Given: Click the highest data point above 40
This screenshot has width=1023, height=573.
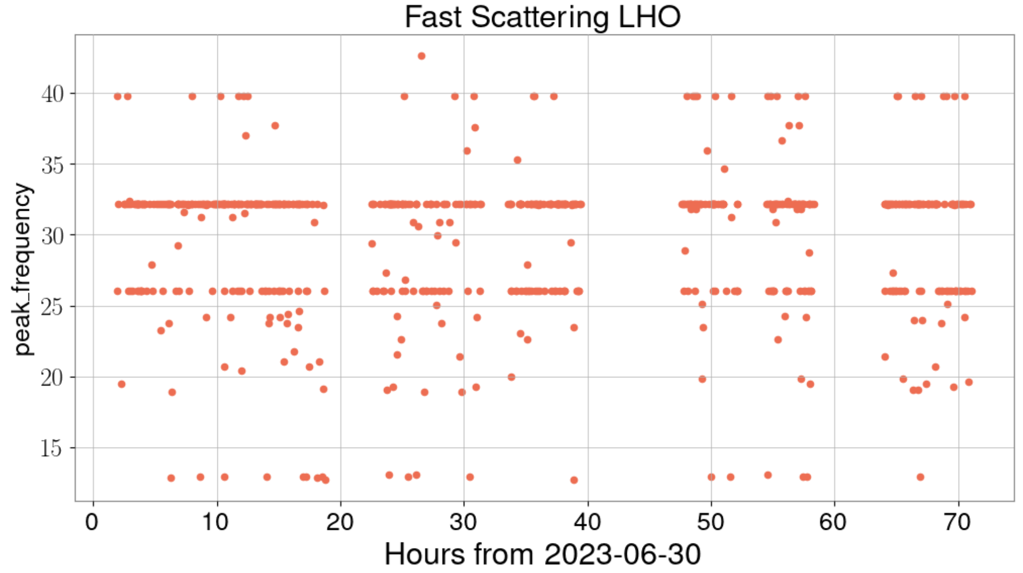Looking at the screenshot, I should [x=421, y=56].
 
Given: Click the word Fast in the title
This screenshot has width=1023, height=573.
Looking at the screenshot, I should [x=434, y=17].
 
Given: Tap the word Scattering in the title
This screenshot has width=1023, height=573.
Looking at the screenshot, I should [x=539, y=17].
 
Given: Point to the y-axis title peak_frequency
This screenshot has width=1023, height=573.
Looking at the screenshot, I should [x=23, y=269].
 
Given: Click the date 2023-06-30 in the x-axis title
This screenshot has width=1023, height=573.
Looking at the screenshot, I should [x=622, y=554].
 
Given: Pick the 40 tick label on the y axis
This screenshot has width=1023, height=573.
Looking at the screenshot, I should [x=52, y=94].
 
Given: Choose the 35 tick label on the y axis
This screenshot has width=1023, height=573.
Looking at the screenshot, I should [x=52, y=165].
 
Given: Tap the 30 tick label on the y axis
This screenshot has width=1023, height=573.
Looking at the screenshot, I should [x=52, y=236].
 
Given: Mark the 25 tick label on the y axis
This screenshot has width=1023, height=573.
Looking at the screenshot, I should [x=52, y=307].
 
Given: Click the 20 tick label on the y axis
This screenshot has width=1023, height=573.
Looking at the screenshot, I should [x=52, y=377].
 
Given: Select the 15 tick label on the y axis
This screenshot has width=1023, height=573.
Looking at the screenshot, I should [x=52, y=449].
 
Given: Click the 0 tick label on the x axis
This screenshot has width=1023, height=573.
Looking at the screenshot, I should [x=92, y=522].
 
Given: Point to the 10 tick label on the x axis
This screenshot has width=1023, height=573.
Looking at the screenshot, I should [x=216, y=522].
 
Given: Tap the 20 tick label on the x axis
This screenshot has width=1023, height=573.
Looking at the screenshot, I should [x=340, y=522].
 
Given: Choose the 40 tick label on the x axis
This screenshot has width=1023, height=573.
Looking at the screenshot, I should [x=588, y=522].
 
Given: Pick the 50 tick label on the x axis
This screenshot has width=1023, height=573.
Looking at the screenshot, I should [x=711, y=522].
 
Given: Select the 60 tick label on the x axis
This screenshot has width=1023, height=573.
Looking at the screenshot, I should [x=834, y=522].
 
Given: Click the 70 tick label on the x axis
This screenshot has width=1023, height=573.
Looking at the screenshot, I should [x=957, y=522].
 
